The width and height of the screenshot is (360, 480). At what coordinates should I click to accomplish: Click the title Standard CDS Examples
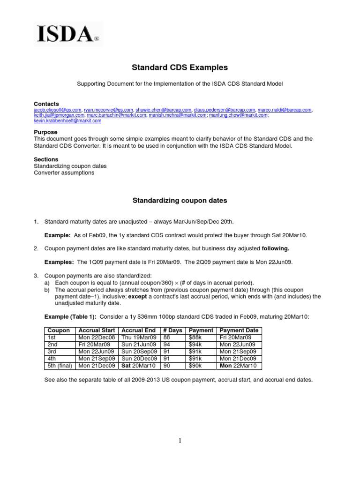pyautogui.click(x=180, y=67)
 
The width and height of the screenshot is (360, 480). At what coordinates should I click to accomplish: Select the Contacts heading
pyautogui.click(x=46, y=104)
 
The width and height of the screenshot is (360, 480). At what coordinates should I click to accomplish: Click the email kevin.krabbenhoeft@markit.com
pyautogui.click(x=67, y=120)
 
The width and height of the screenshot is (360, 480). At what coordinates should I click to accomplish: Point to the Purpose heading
pyautogui.click(x=45, y=133)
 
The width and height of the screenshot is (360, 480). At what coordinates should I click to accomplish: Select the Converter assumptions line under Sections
pyautogui.click(x=64, y=172)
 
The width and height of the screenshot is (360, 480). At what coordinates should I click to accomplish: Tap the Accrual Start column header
pyautogui.click(x=97, y=330)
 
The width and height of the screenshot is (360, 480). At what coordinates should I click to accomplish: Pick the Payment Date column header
pyautogui.click(x=239, y=330)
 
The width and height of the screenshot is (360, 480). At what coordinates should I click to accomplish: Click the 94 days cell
pyautogui.click(x=167, y=344)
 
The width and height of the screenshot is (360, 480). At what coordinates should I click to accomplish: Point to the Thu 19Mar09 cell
pyautogui.click(x=137, y=337)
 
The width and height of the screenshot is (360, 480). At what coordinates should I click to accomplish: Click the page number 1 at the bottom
pyautogui.click(x=180, y=441)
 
